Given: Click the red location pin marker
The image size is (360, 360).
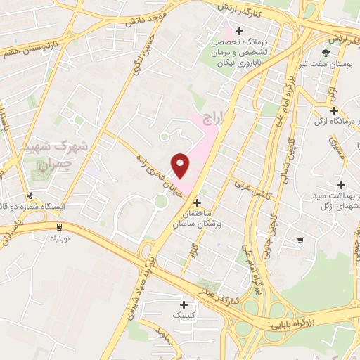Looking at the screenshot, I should point(181,165).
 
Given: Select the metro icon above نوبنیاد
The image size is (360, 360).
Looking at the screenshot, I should point(59,226).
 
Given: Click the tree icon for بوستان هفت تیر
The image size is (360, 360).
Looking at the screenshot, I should point(325,52).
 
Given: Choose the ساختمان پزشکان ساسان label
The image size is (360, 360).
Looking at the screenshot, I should point(196,217).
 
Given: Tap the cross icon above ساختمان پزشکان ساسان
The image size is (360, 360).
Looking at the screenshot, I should point(196,202).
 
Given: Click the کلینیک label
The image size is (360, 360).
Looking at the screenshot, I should point(184,317).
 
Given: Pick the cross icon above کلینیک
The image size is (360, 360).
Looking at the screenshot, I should point(184,304).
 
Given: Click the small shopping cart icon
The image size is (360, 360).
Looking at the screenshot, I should point(300,241).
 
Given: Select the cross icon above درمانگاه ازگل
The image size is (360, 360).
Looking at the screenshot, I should point(334,110).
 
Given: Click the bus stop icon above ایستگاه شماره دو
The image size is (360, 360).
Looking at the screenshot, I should point(29,195).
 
